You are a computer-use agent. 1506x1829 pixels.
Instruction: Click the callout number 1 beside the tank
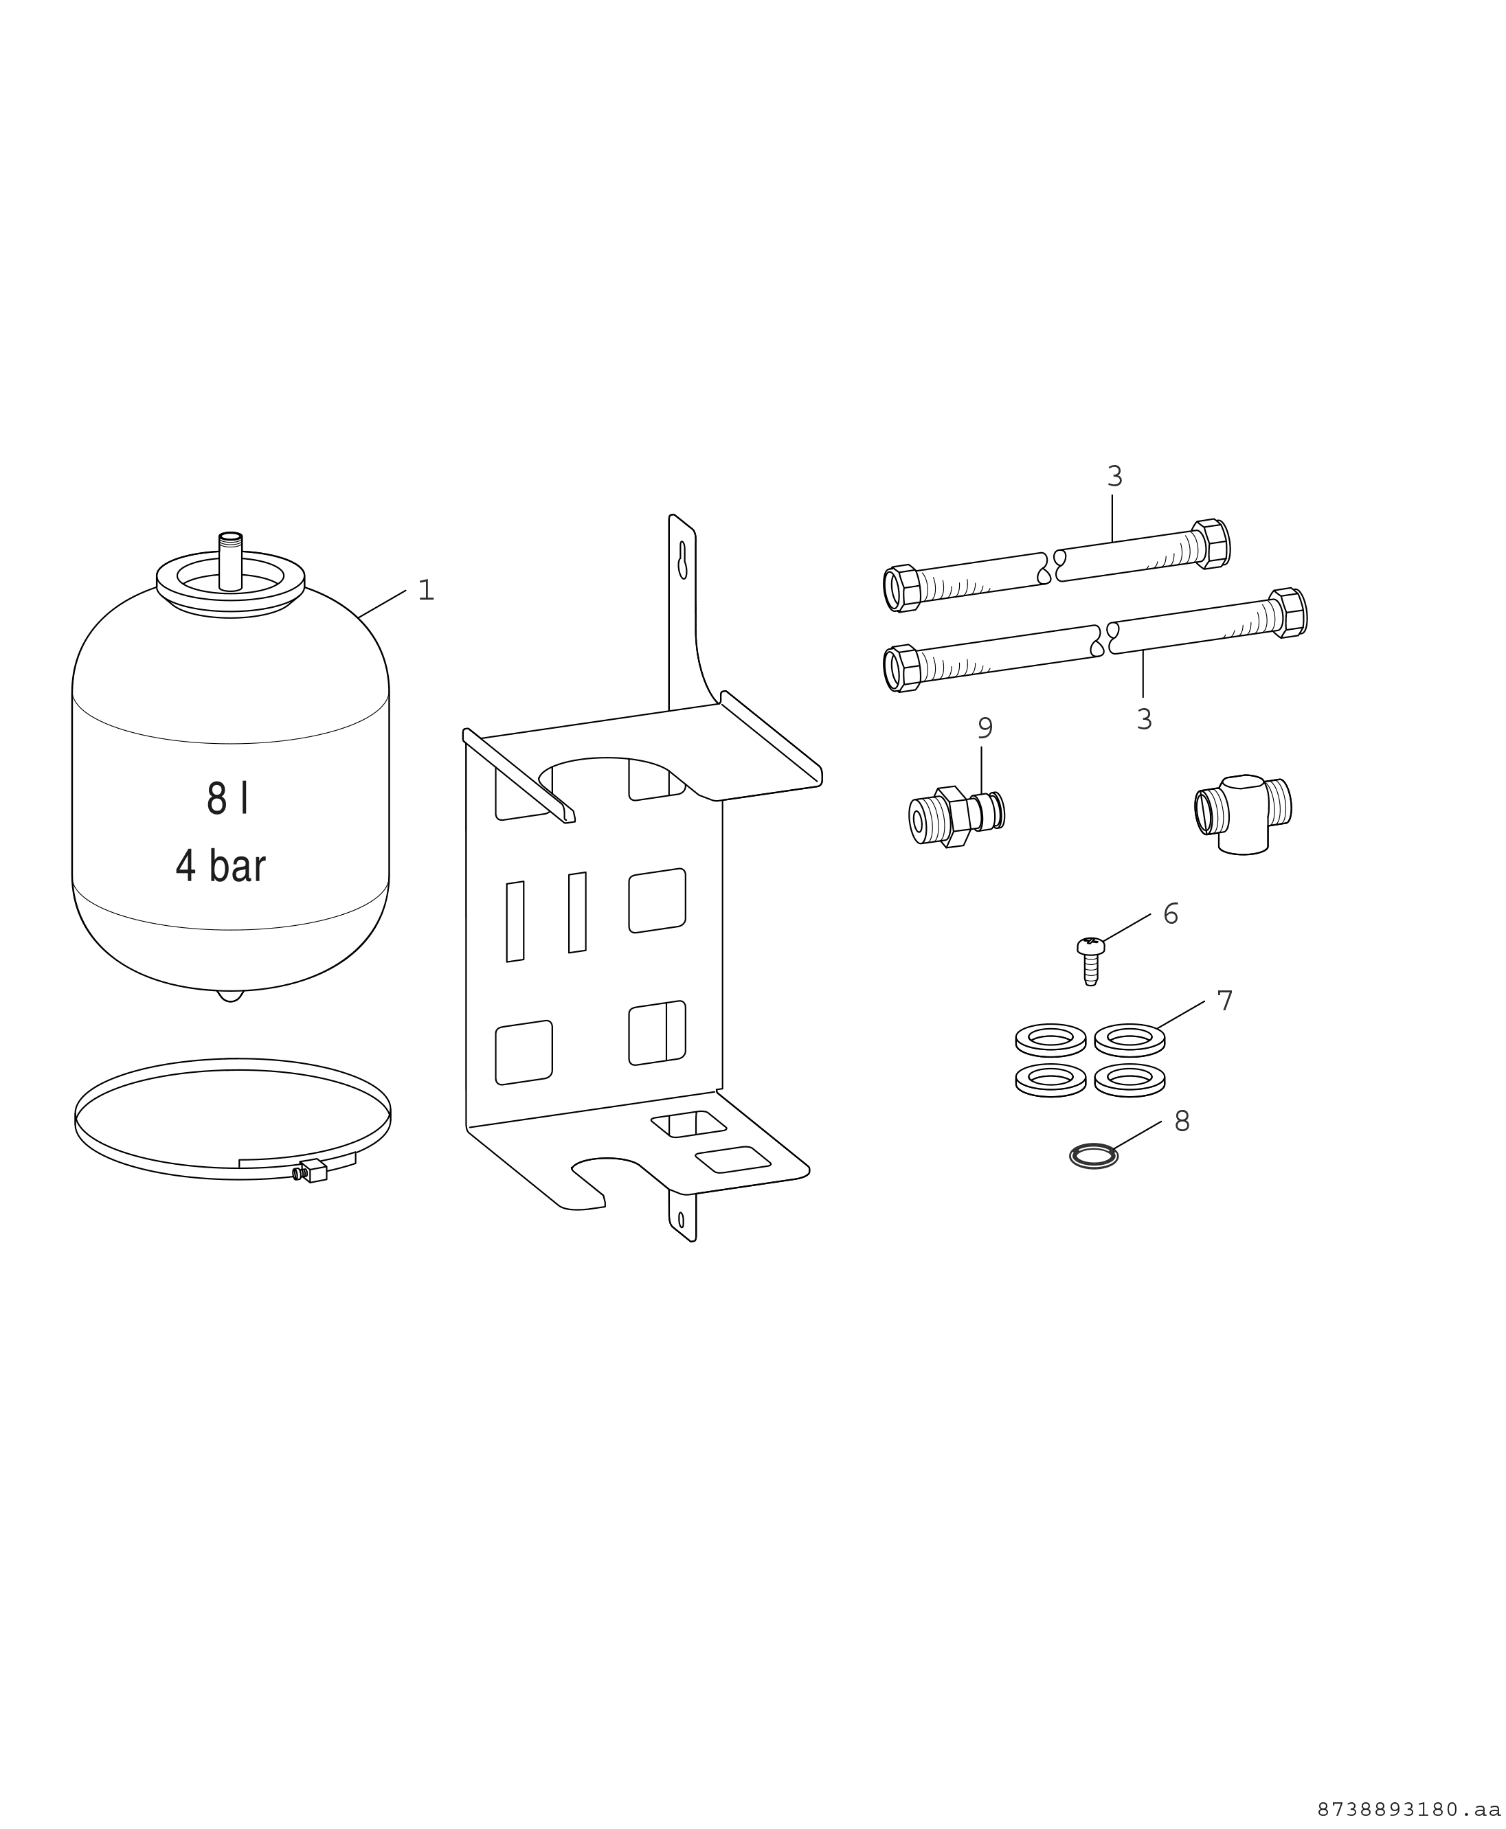425,591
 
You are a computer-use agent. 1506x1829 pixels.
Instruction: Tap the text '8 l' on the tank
228,799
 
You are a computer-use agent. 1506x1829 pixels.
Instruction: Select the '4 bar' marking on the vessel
221,866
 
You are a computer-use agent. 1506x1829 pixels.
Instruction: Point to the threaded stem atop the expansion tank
230,561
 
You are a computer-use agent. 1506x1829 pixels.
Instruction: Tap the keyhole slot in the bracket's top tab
683,560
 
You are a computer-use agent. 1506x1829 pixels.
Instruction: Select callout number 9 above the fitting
985,729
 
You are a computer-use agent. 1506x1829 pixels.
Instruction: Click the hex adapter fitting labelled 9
957,816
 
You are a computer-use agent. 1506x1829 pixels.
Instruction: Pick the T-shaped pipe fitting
1242,813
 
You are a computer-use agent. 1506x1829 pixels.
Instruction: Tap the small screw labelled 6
1090,960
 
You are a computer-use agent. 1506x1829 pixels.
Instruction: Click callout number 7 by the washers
1224,1001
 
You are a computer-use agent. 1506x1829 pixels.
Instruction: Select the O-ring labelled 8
1094,1156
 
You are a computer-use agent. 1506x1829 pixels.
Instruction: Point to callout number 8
1182,1122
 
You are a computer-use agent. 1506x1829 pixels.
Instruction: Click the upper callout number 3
1115,476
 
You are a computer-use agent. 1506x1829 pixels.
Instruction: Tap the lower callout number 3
1144,719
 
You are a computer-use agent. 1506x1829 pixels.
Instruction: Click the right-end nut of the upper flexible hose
1211,544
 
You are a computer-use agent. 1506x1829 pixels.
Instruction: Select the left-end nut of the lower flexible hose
902,668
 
